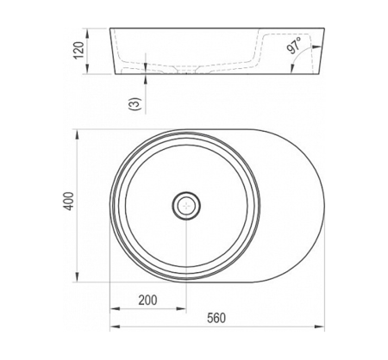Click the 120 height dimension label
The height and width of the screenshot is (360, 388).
point(79,50)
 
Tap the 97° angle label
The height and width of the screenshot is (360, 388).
point(294,46)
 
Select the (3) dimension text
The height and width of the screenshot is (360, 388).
point(135,104)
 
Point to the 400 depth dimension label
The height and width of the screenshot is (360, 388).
point(69,201)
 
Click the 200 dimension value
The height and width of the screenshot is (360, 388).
point(147,301)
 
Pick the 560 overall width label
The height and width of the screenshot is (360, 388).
point(216,318)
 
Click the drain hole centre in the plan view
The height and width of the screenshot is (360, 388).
point(186,205)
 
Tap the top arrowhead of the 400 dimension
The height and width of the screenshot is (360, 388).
point(77,134)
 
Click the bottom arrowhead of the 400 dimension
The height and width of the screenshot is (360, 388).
point(77,277)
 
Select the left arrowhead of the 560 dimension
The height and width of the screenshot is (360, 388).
point(115,326)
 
